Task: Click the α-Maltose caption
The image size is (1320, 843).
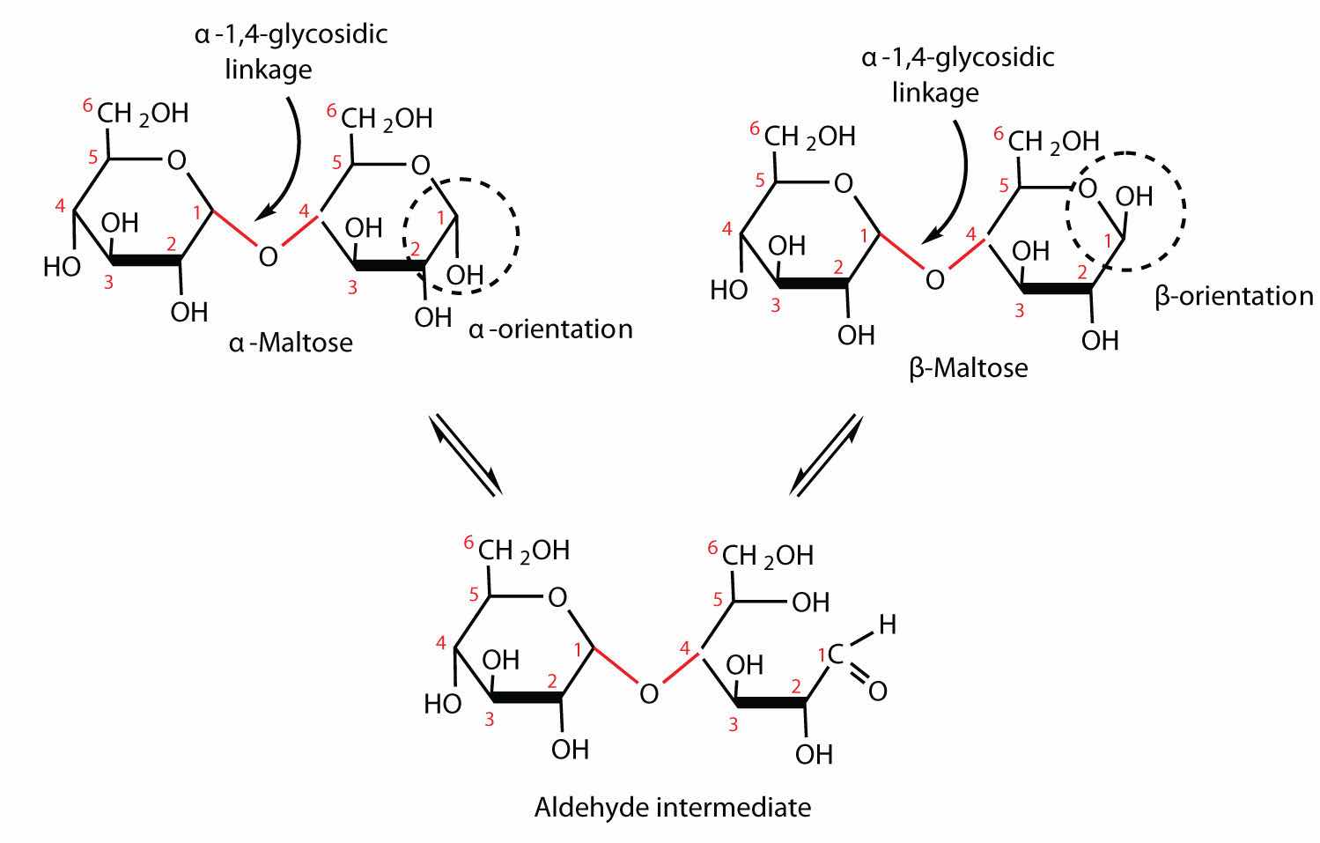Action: tap(291, 342)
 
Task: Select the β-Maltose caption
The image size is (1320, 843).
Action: tap(968, 366)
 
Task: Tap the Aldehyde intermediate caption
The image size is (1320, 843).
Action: tap(672, 806)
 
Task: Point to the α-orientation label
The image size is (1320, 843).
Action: tap(550, 329)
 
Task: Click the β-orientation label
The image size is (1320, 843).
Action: tap(1234, 296)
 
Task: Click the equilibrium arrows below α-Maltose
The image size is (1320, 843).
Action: tap(466, 454)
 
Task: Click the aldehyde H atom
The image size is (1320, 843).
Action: tap(887, 625)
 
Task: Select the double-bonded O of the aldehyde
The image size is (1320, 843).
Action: tap(877, 691)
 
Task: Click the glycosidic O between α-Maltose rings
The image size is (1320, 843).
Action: tap(268, 256)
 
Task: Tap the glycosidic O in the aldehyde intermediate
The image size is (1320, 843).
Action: tap(649, 693)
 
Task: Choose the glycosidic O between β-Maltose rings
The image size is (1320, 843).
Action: tap(934, 279)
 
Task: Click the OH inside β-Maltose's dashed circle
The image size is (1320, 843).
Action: tap(1134, 196)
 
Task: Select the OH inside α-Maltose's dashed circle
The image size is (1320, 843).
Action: tap(464, 277)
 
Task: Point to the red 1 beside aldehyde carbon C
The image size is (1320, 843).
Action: tap(822, 654)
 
